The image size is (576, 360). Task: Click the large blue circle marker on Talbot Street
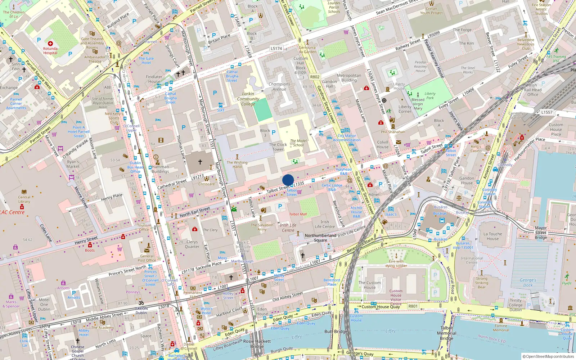tap(288, 180)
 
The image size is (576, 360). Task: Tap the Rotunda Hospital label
tap(50, 51)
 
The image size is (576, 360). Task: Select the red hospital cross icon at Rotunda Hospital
tap(50, 44)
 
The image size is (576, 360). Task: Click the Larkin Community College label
tap(248, 99)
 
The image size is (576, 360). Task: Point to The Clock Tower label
tap(278, 147)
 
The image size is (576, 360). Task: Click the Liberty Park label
tap(430, 96)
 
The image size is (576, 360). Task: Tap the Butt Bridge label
tap(336, 332)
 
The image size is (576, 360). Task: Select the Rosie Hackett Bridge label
tap(257, 344)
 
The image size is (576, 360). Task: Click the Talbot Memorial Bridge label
tap(446, 333)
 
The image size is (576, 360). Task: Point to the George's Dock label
tap(528, 283)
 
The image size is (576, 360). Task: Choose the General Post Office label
tap(147, 258)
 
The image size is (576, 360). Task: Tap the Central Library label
tap(24, 199)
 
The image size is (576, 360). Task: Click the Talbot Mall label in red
tap(298, 214)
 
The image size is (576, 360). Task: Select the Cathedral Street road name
tap(172, 184)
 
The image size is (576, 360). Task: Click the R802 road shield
tap(315, 77)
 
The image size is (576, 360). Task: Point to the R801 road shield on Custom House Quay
tap(413, 306)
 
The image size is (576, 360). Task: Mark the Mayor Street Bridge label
tap(541, 233)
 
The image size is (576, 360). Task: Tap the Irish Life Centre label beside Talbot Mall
tap(288, 228)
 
